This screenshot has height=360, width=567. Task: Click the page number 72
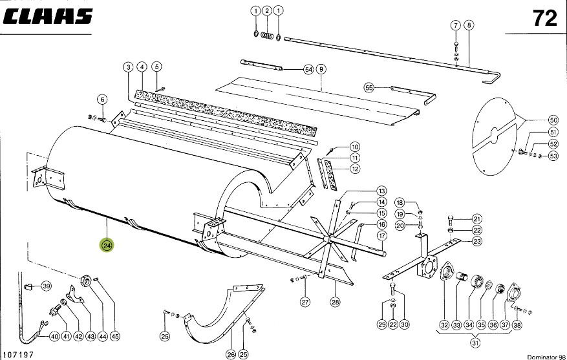[544, 19]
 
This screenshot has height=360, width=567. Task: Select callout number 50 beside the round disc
[553, 120]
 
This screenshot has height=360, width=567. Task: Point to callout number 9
[321, 69]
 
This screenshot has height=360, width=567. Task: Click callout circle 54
[308, 69]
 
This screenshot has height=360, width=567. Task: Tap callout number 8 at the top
[469, 25]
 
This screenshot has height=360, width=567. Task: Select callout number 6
[102, 99]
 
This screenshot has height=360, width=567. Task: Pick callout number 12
[355, 169]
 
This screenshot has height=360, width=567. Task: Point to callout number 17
[381, 236]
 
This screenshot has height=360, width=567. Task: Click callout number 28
[335, 302]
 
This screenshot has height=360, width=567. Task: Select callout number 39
[46, 286]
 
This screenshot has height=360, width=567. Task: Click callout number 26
[231, 354]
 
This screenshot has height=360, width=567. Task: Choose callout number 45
[115, 335]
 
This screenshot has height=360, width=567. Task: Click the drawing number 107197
[18, 354]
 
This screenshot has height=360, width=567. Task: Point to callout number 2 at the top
[267, 11]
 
